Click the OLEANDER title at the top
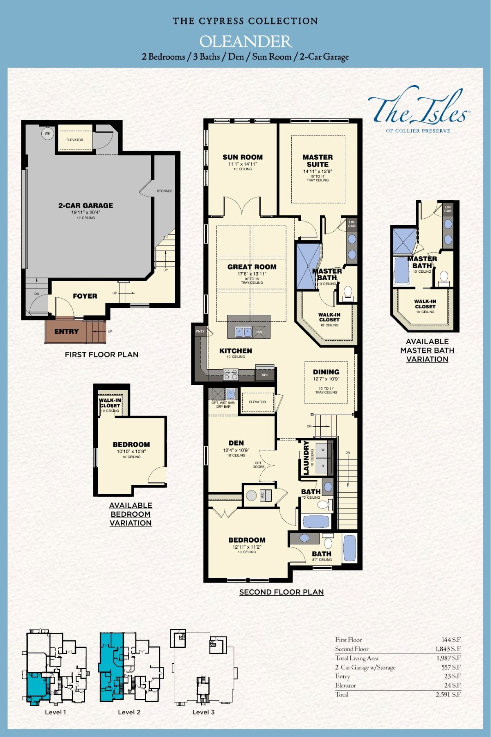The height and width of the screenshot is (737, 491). (x=245, y=42)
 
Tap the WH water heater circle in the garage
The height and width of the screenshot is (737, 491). (x=47, y=133)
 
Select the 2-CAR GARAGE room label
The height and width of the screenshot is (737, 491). (x=86, y=206)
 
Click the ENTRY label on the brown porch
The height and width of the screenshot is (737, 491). (x=66, y=331)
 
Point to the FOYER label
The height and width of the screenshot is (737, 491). (x=85, y=296)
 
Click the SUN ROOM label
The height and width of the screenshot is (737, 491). (x=243, y=157)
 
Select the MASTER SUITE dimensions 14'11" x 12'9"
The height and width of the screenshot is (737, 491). (x=318, y=172)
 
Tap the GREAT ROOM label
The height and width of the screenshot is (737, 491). (x=252, y=267)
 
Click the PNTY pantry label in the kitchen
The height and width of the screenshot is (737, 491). (x=200, y=331)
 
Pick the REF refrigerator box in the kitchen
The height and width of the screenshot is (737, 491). (x=265, y=375)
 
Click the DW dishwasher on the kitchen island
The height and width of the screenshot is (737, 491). (x=259, y=332)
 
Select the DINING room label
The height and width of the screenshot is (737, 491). (x=326, y=372)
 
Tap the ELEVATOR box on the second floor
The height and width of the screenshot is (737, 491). (x=257, y=402)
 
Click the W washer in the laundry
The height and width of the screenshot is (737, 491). (x=323, y=450)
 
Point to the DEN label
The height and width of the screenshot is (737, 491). (x=236, y=443)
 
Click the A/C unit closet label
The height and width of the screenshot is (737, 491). (x=263, y=495)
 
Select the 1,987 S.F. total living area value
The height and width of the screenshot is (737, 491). (x=449, y=658)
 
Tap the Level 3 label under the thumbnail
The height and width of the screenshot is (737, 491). (x=203, y=712)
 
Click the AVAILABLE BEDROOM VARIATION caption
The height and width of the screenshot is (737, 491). (x=131, y=514)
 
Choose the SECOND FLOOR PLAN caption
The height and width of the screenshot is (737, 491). (x=282, y=592)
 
